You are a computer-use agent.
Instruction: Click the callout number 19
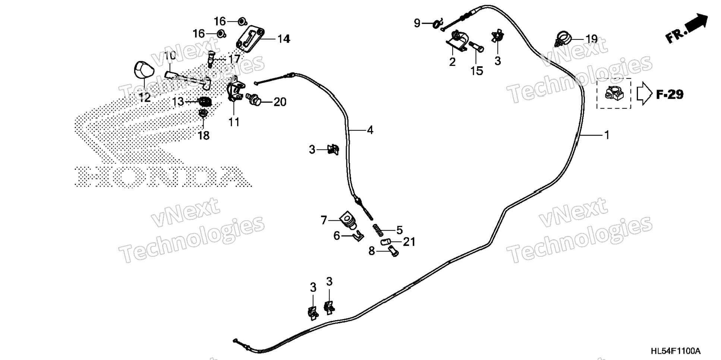(591, 39)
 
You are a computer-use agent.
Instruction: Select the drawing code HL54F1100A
(676, 351)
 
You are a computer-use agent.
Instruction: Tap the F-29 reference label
(670, 95)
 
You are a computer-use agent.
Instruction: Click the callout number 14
(284, 39)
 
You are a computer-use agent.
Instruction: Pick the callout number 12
(145, 98)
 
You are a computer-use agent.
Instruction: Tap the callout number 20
(280, 102)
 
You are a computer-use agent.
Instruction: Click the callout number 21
(409, 242)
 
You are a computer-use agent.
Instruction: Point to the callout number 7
(324, 220)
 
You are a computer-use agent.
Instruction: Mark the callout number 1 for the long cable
(607, 135)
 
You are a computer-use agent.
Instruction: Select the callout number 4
(370, 130)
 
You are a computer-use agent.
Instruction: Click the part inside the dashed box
(613, 93)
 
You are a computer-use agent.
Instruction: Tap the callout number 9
(417, 23)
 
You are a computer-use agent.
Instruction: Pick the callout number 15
(477, 70)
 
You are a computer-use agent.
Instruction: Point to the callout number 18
(204, 135)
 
